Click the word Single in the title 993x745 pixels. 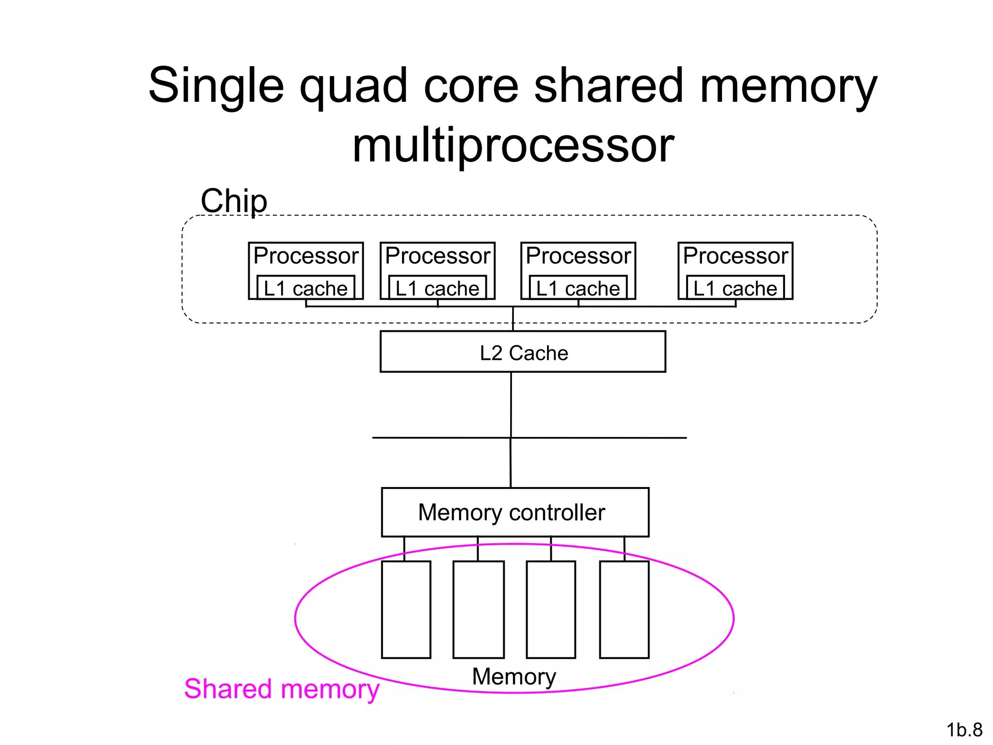click(x=216, y=86)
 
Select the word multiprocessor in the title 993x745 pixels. click(x=513, y=146)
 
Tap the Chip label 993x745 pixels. click(x=234, y=201)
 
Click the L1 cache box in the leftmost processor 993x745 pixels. click(x=305, y=288)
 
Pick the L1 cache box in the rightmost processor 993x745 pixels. click(x=735, y=288)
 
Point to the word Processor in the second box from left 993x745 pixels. click(x=437, y=256)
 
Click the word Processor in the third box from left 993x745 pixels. click(x=578, y=256)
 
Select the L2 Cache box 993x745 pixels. click(x=523, y=352)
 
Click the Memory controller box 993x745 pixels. click(x=515, y=512)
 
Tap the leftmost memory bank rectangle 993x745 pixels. click(x=406, y=610)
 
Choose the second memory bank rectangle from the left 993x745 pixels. click(x=479, y=610)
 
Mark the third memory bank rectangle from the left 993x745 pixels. click(x=551, y=610)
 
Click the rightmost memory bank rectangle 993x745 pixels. click(x=624, y=610)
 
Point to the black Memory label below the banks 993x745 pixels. click(x=514, y=677)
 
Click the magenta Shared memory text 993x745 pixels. click(x=281, y=689)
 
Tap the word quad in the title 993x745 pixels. click(x=353, y=86)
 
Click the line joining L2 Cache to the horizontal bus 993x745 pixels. click(x=511, y=405)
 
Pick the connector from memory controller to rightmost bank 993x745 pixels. click(x=624, y=549)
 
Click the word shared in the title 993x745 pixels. click(x=609, y=86)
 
